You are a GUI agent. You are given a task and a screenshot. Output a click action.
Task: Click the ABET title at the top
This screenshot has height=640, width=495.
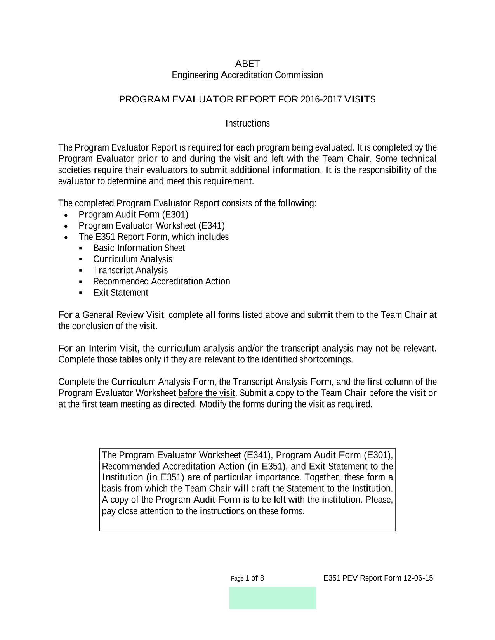(x=247, y=64)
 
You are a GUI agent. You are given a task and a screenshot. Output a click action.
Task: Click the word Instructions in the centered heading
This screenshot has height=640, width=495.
(x=247, y=123)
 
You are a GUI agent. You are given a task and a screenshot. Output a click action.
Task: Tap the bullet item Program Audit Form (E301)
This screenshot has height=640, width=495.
(x=133, y=215)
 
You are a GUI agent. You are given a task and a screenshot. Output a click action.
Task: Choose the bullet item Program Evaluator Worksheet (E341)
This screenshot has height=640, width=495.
(x=151, y=226)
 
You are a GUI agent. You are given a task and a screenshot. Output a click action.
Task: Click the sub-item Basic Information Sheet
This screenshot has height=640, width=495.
(x=139, y=248)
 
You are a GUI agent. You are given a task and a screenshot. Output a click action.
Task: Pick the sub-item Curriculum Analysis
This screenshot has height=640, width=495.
(x=132, y=259)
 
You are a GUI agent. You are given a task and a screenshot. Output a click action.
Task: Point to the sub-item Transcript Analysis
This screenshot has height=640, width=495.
(x=130, y=271)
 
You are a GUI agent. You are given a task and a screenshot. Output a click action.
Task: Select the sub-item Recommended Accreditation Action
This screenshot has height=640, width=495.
(x=162, y=281)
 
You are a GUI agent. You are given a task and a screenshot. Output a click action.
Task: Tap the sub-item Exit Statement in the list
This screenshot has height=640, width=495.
(x=121, y=293)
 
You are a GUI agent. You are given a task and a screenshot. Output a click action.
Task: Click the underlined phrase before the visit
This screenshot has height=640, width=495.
(x=207, y=393)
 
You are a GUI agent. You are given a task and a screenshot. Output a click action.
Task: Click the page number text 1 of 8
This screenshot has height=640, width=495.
(x=255, y=578)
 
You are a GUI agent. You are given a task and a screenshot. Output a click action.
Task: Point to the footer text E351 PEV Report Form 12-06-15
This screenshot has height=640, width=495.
(x=378, y=578)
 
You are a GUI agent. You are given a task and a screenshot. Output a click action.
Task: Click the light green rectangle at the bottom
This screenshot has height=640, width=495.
(x=273, y=598)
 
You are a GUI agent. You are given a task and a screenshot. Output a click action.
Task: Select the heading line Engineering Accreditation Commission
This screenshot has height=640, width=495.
(x=247, y=75)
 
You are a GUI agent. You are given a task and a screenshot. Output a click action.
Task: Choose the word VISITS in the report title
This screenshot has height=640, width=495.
(x=360, y=100)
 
